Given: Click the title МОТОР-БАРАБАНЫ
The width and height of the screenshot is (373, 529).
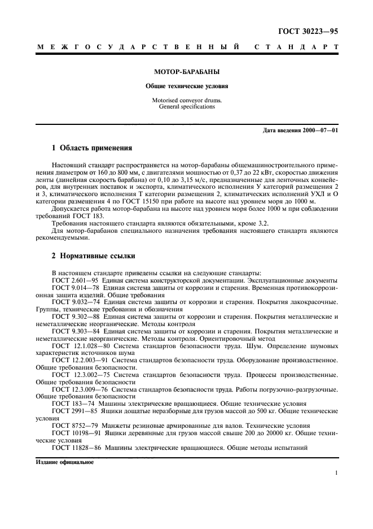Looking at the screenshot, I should pyautogui.click(x=186, y=73).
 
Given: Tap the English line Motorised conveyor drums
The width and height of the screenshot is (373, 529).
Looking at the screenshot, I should pyautogui.click(x=186, y=100).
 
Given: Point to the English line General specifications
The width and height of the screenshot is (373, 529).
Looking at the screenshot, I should pyautogui.click(x=186, y=106).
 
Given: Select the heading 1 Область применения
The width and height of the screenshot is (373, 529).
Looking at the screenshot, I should pyautogui.click(x=91, y=149).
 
